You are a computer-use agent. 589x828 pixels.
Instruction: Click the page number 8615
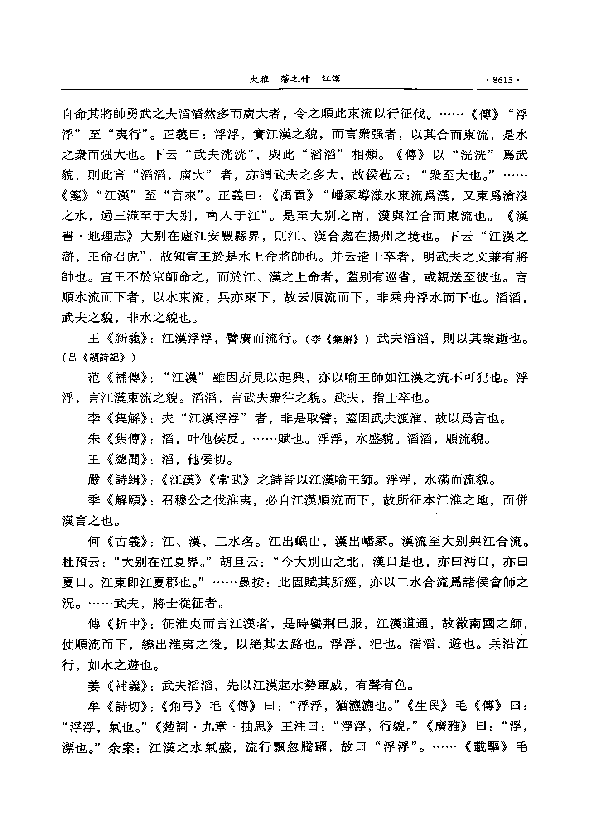(502, 80)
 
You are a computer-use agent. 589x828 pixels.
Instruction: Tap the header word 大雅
(260, 80)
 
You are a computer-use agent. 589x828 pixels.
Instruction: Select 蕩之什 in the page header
(295, 80)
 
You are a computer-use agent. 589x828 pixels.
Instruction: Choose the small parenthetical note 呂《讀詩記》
(98, 358)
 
